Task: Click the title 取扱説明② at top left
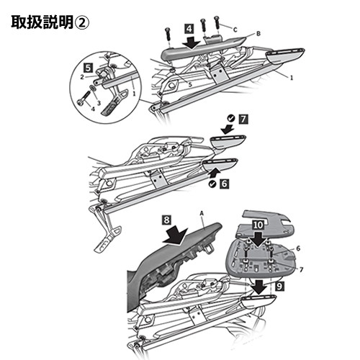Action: (50, 23)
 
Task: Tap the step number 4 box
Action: (189, 29)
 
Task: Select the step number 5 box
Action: (89, 68)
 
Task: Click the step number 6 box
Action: (224, 184)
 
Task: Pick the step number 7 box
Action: (243, 120)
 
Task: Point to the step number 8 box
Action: (167, 220)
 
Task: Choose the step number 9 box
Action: (280, 286)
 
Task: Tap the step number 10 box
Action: (258, 225)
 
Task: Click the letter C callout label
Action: (235, 30)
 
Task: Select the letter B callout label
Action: (258, 34)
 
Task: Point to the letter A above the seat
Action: (202, 213)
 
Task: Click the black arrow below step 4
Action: (191, 42)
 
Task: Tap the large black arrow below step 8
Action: (175, 235)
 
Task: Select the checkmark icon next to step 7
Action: (231, 118)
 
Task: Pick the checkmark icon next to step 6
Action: (212, 184)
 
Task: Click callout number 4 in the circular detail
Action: (93, 109)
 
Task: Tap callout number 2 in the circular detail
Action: (82, 77)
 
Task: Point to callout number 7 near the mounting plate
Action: (302, 270)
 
